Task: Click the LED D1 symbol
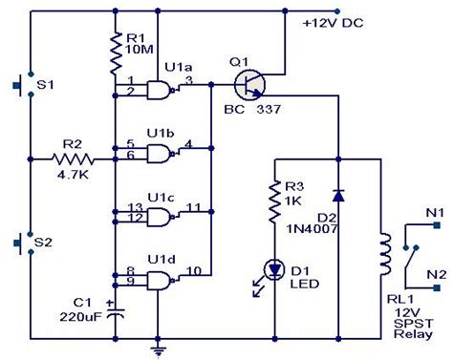pos(275,271)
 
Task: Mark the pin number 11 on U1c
pos(193,205)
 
